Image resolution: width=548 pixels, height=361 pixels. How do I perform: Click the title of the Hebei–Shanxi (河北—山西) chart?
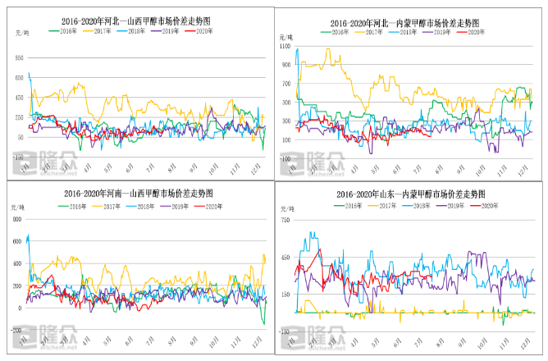tap(137, 21)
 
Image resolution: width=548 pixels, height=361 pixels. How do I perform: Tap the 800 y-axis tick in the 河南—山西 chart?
tap(17, 219)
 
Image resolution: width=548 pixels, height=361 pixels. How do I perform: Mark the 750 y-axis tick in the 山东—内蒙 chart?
tap(285, 222)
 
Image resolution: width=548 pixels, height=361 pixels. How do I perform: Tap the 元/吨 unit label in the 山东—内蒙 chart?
tap(287, 209)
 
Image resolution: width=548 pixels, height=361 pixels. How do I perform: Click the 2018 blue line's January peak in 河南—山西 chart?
tap(29, 236)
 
